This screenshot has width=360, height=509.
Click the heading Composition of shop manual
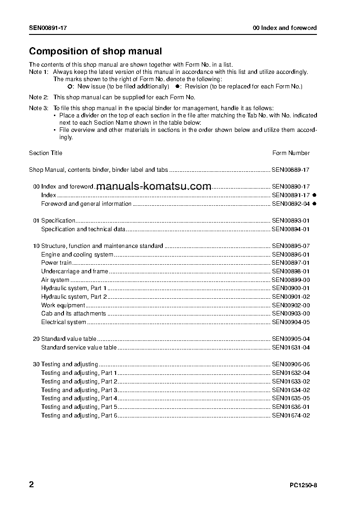click(x=95, y=52)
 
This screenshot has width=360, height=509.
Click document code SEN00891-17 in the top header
click(x=48, y=28)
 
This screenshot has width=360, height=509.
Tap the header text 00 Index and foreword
click(x=285, y=28)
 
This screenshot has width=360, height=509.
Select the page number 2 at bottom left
click(x=31, y=485)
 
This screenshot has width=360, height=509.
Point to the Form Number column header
click(x=291, y=153)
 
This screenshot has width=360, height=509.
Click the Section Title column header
click(x=46, y=153)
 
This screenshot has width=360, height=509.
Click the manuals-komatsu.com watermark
click(x=154, y=186)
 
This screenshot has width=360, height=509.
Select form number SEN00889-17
click(x=291, y=170)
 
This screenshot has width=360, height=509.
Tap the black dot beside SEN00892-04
click(x=314, y=204)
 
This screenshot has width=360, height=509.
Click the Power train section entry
click(x=56, y=263)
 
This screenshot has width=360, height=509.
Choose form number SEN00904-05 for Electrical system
click(x=291, y=322)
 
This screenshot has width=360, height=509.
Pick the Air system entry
click(x=55, y=280)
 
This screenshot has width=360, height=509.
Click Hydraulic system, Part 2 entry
click(x=74, y=297)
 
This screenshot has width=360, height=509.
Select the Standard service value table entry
click(x=79, y=348)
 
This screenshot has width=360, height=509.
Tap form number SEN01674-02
click(x=291, y=416)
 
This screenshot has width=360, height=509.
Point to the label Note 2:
click(x=39, y=97)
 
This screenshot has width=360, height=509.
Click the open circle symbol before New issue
click(x=69, y=86)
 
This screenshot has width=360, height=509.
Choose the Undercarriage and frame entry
click(x=74, y=271)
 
